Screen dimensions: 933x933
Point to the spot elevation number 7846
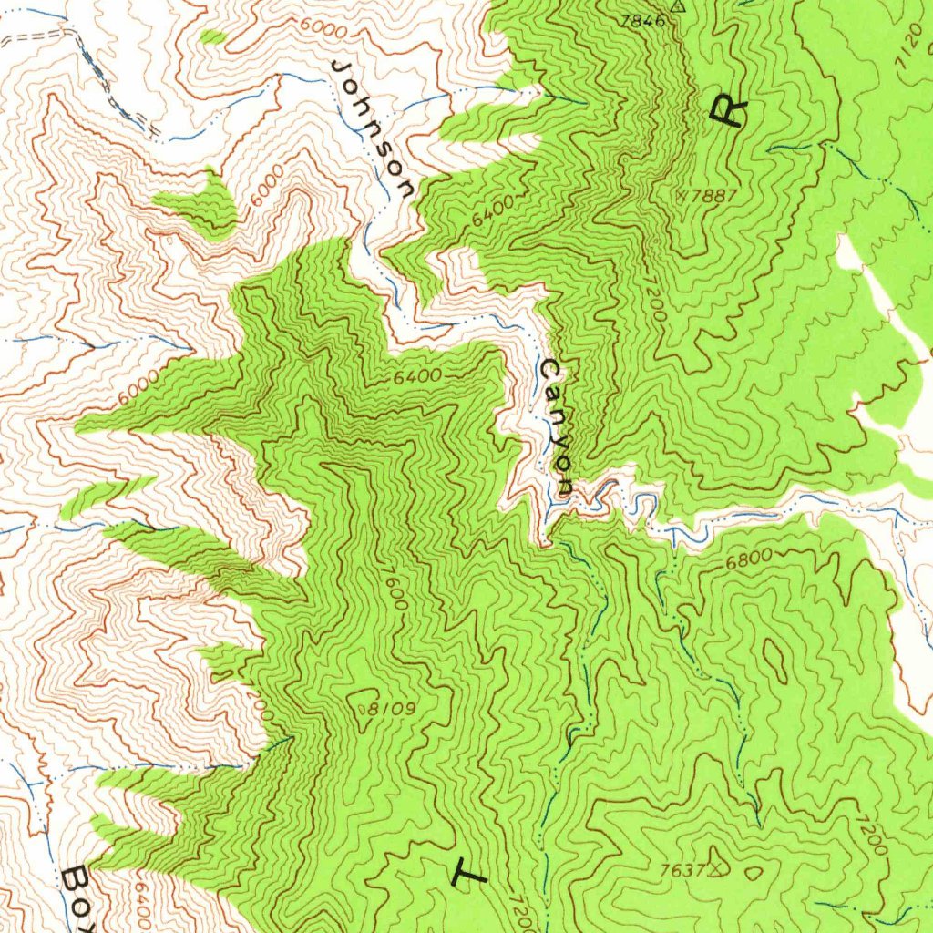click(642, 20)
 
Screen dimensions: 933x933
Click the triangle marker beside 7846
click(677, 5)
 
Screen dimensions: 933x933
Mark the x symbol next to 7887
click(684, 194)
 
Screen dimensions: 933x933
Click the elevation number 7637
click(682, 870)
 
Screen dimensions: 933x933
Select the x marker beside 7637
click(719, 866)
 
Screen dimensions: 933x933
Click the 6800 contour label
click(749, 557)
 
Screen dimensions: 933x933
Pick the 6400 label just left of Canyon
click(418, 375)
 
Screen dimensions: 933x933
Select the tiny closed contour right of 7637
click(753, 872)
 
